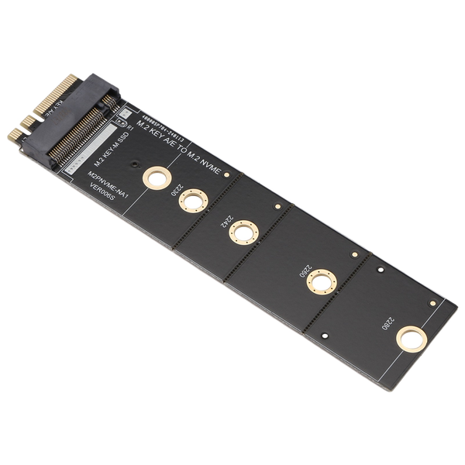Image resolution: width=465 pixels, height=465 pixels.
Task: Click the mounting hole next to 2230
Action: click(193, 201)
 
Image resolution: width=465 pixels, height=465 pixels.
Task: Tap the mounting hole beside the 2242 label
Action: click(243, 232)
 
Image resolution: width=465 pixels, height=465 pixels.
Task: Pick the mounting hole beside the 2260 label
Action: click(322, 281)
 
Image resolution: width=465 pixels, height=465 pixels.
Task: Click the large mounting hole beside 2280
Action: click(411, 339)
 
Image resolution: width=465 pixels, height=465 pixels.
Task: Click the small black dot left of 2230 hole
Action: click(136, 165)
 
